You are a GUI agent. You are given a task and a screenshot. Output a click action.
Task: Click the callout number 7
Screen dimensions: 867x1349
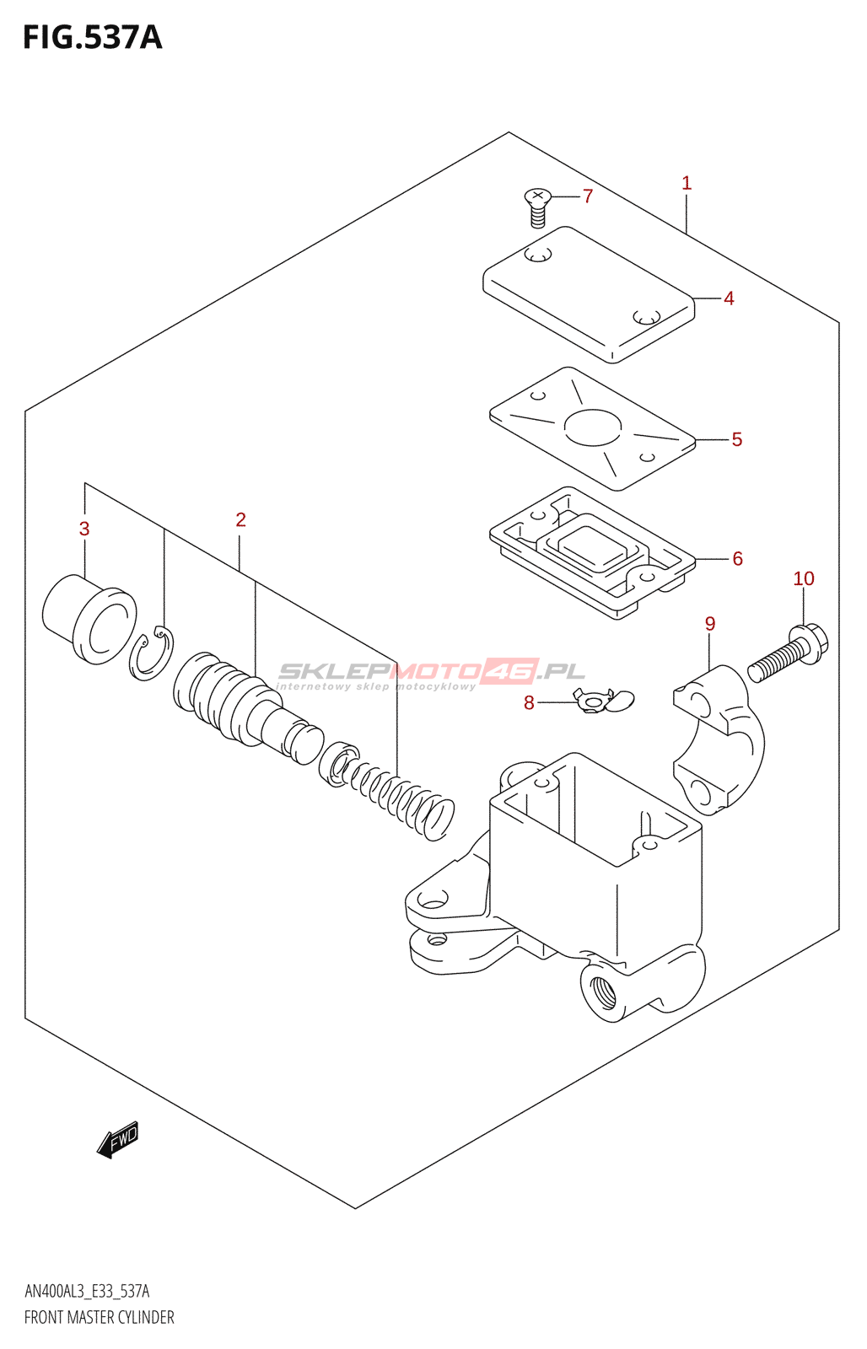tap(588, 196)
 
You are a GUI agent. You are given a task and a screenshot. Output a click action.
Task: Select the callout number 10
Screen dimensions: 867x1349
tap(803, 578)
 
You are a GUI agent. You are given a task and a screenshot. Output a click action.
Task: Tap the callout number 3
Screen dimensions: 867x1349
tap(84, 529)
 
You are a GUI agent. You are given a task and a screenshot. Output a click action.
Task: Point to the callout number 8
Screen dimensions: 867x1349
tap(529, 702)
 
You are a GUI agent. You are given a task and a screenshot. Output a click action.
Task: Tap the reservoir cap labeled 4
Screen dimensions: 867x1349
tap(589, 294)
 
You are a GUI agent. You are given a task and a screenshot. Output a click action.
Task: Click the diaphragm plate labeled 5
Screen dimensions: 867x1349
tap(593, 428)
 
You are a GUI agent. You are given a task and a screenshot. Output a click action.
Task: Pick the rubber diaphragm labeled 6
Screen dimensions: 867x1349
tap(593, 551)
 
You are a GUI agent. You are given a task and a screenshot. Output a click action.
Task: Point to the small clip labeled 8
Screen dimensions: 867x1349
tap(602, 700)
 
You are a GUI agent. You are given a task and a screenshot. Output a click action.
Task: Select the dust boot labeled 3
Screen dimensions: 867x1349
tap(89, 618)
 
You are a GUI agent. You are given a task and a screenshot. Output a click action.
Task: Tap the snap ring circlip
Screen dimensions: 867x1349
tap(152, 654)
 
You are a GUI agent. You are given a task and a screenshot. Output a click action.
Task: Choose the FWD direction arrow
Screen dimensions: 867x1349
tap(117, 1140)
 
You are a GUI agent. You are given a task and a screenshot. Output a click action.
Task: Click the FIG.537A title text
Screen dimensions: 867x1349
tap(92, 38)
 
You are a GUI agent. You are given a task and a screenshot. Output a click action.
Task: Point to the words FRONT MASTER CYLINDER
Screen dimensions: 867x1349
tap(99, 1317)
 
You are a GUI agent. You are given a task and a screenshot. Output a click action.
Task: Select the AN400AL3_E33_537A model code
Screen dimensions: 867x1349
tap(87, 1291)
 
